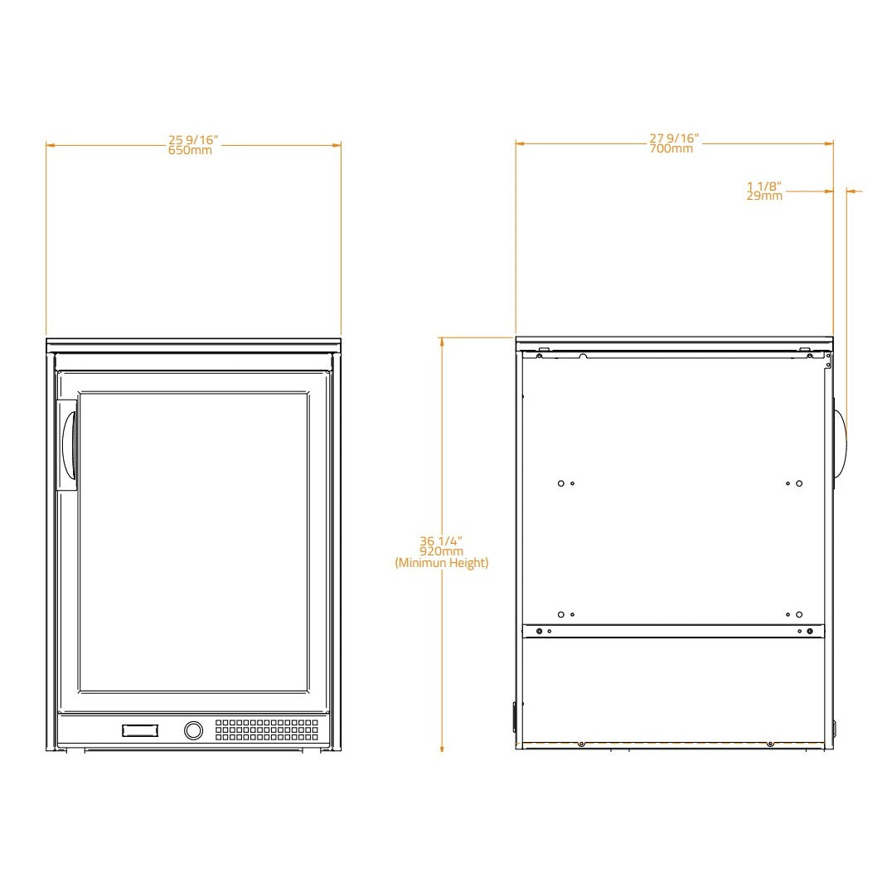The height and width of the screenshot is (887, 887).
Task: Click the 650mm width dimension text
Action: tap(190, 151)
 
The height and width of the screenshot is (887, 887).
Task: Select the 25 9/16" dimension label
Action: tap(191, 140)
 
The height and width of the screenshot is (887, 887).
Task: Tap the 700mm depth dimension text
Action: tap(671, 149)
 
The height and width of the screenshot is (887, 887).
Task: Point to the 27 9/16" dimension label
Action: tap(674, 138)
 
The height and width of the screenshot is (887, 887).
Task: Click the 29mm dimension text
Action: tap(764, 196)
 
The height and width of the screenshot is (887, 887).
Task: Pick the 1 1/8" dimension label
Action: tap(764, 186)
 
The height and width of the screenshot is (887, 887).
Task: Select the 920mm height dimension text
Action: tap(441, 551)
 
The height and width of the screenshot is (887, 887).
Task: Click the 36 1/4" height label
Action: tap(441, 540)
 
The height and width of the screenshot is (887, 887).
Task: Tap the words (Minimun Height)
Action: tap(441, 563)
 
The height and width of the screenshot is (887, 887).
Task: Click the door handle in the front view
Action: tap(69, 445)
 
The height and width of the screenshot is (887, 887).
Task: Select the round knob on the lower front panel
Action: tap(192, 730)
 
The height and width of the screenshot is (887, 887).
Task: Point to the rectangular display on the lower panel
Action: tap(139, 730)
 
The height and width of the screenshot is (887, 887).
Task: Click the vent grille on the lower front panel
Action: tap(266, 729)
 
